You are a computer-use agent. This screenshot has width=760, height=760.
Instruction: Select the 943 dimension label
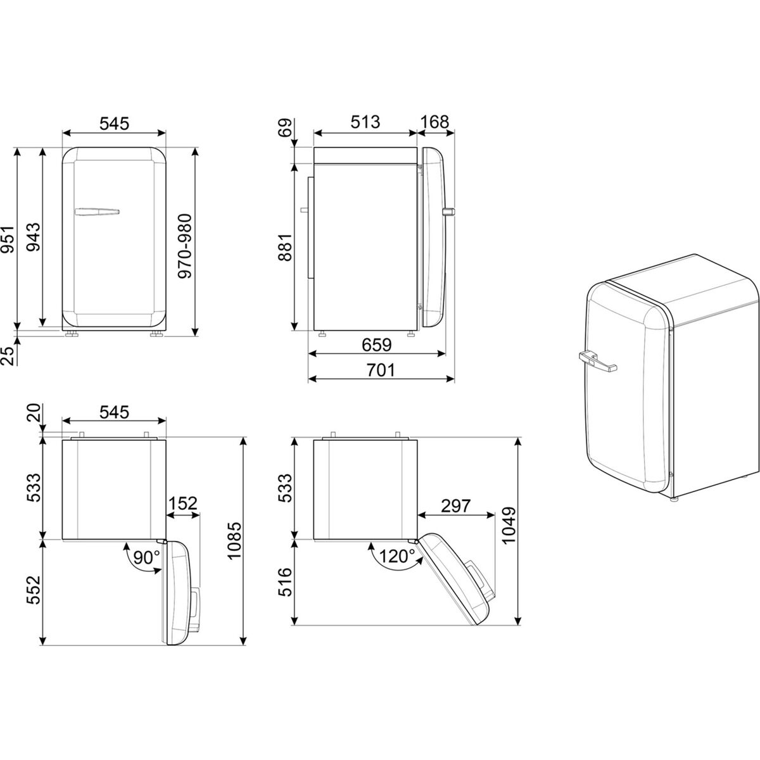pos(33,237)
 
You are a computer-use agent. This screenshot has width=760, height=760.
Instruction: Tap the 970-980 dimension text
pos(184,246)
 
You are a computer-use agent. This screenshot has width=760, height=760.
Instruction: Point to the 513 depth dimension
pos(365,122)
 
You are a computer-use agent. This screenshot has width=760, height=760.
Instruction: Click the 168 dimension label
pos(434,122)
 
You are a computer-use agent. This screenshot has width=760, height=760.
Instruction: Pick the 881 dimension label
pos(285,247)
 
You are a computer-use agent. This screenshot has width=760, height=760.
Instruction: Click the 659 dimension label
pos(377,345)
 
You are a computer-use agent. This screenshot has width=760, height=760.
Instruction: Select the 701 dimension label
pos(381,370)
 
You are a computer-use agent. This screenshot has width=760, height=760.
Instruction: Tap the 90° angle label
pos(146,558)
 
